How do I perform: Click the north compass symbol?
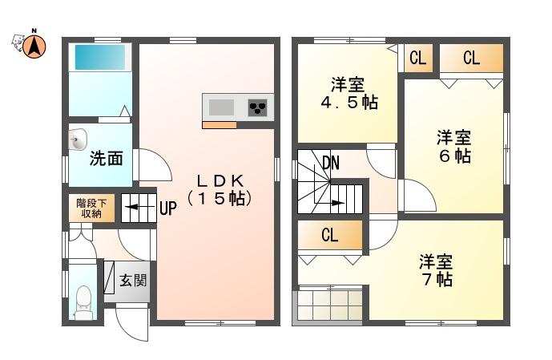[x=34, y=47]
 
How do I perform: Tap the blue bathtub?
[x=100, y=58]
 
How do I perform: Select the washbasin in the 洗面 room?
[x=78, y=140]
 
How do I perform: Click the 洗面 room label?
[x=106, y=159]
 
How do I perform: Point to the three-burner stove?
[x=257, y=107]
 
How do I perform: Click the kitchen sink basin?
[x=221, y=107]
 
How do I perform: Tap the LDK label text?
[x=220, y=190]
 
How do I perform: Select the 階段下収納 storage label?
[x=91, y=208]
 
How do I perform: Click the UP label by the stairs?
[x=168, y=208]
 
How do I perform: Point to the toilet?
[x=83, y=302]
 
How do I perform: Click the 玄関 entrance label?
[x=133, y=281]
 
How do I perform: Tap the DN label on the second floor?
[x=331, y=163]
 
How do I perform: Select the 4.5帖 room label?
[x=349, y=93]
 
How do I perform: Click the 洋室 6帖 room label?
[x=454, y=147]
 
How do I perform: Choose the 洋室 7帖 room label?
[x=436, y=270]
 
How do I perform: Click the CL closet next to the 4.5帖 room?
[x=418, y=58]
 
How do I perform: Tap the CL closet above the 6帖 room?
[x=471, y=58]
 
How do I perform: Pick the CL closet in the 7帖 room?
[x=330, y=235]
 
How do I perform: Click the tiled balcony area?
[x=330, y=305]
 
